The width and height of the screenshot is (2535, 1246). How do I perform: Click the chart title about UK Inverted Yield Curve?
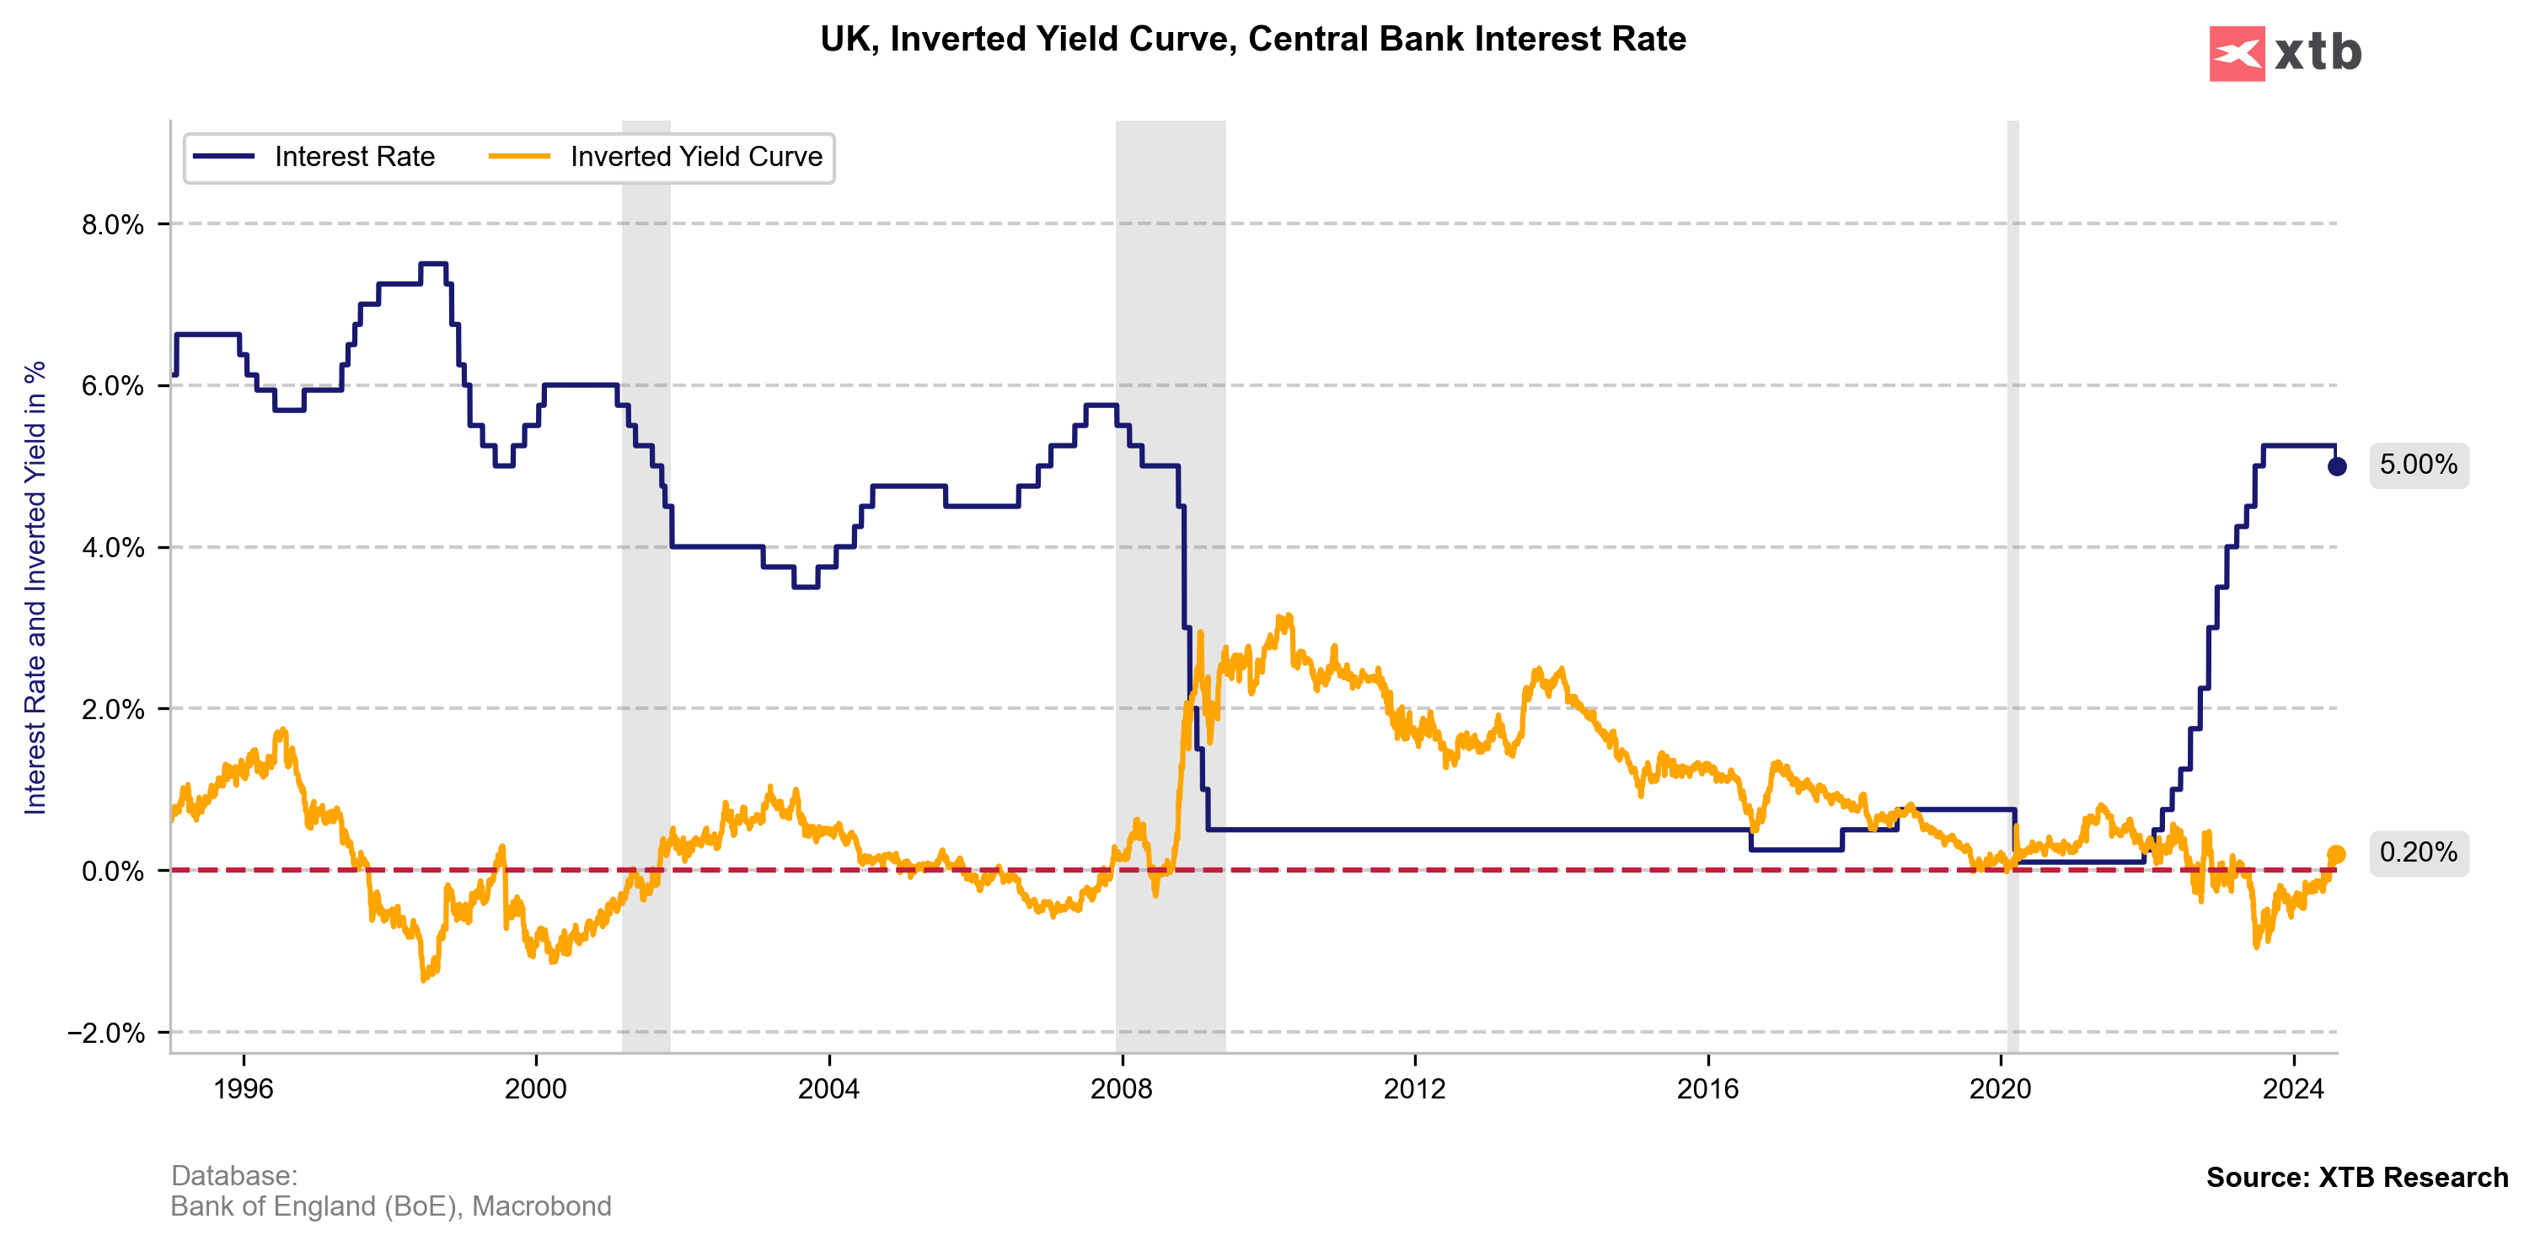1252,40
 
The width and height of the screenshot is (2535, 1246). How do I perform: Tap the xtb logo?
2285,53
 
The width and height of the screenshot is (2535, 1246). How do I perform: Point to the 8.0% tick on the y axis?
112,224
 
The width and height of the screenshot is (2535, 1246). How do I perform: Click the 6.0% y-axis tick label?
112,386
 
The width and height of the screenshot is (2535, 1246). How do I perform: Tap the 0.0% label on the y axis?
112,871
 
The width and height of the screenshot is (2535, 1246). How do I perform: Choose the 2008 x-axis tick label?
1122,1088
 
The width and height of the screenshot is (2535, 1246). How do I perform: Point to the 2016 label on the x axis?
1707,1088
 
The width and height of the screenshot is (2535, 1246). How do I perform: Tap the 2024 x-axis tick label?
2293,1088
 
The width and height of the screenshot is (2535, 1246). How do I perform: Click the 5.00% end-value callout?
2418,465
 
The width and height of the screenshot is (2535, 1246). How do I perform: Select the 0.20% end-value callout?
2418,852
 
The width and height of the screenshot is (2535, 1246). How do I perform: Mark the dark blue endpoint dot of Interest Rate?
2336,466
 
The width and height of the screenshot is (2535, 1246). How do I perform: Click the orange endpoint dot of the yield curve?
2336,854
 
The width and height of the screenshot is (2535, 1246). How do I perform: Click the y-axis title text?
35,588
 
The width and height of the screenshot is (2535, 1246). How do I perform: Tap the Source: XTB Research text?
2357,1177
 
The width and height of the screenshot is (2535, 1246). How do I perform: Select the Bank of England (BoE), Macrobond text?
391,1206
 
